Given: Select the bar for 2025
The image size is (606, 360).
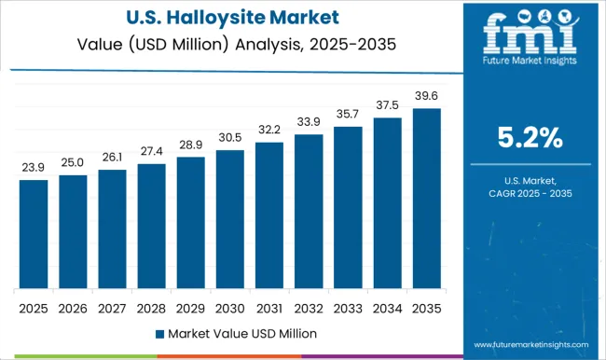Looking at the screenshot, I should click(x=33, y=234).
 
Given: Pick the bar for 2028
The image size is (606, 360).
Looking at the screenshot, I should click(x=151, y=227).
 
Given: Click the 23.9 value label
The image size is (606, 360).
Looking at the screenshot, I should click(x=33, y=168).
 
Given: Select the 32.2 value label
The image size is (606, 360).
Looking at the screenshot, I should click(x=269, y=130).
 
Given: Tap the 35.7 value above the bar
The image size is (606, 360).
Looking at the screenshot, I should click(x=347, y=114).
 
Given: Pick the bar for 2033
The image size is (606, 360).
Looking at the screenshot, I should click(x=347, y=208).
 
